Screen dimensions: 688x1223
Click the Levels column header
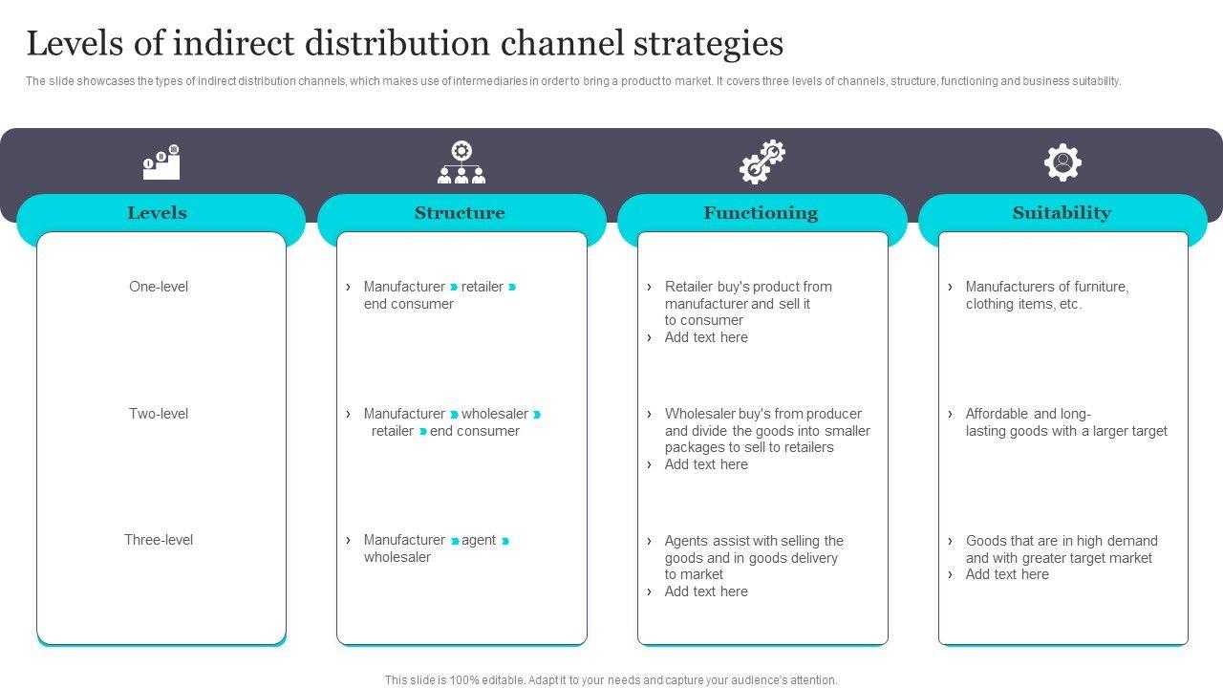click(x=158, y=213)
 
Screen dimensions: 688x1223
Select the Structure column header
click(x=460, y=213)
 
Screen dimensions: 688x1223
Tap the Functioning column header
click(x=761, y=213)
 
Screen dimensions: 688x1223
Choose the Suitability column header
click(x=1062, y=213)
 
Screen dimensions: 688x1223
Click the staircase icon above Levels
click(x=161, y=163)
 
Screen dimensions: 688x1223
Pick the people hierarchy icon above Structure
click(x=461, y=163)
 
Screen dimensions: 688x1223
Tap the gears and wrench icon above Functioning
click(x=762, y=162)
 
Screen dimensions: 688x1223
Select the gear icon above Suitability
click(x=1062, y=162)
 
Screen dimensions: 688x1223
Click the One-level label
click(x=159, y=287)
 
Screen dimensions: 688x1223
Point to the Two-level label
click(x=159, y=414)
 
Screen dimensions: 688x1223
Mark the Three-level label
click(x=159, y=540)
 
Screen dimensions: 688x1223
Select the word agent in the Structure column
click(x=479, y=540)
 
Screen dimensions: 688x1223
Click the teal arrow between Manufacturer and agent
click(x=455, y=541)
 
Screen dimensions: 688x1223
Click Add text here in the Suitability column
click(x=1007, y=574)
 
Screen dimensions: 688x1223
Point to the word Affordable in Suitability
click(x=997, y=414)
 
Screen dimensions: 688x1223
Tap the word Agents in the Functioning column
click(x=687, y=541)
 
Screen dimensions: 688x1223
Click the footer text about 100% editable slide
click(x=611, y=680)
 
